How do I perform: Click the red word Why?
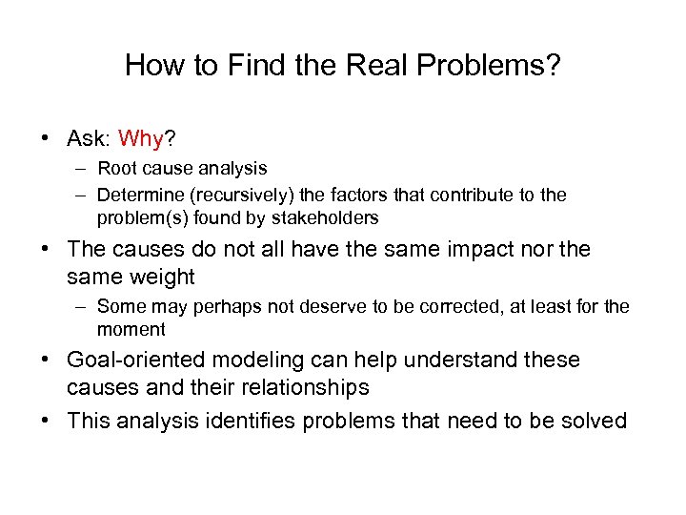pos(142,139)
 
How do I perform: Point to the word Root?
pos(116,168)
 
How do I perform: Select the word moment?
pos(131,329)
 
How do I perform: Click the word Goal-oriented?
pos(136,360)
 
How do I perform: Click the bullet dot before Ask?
pos(46,140)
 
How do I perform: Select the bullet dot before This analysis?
pos(46,422)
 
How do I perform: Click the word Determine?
pos(135,195)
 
